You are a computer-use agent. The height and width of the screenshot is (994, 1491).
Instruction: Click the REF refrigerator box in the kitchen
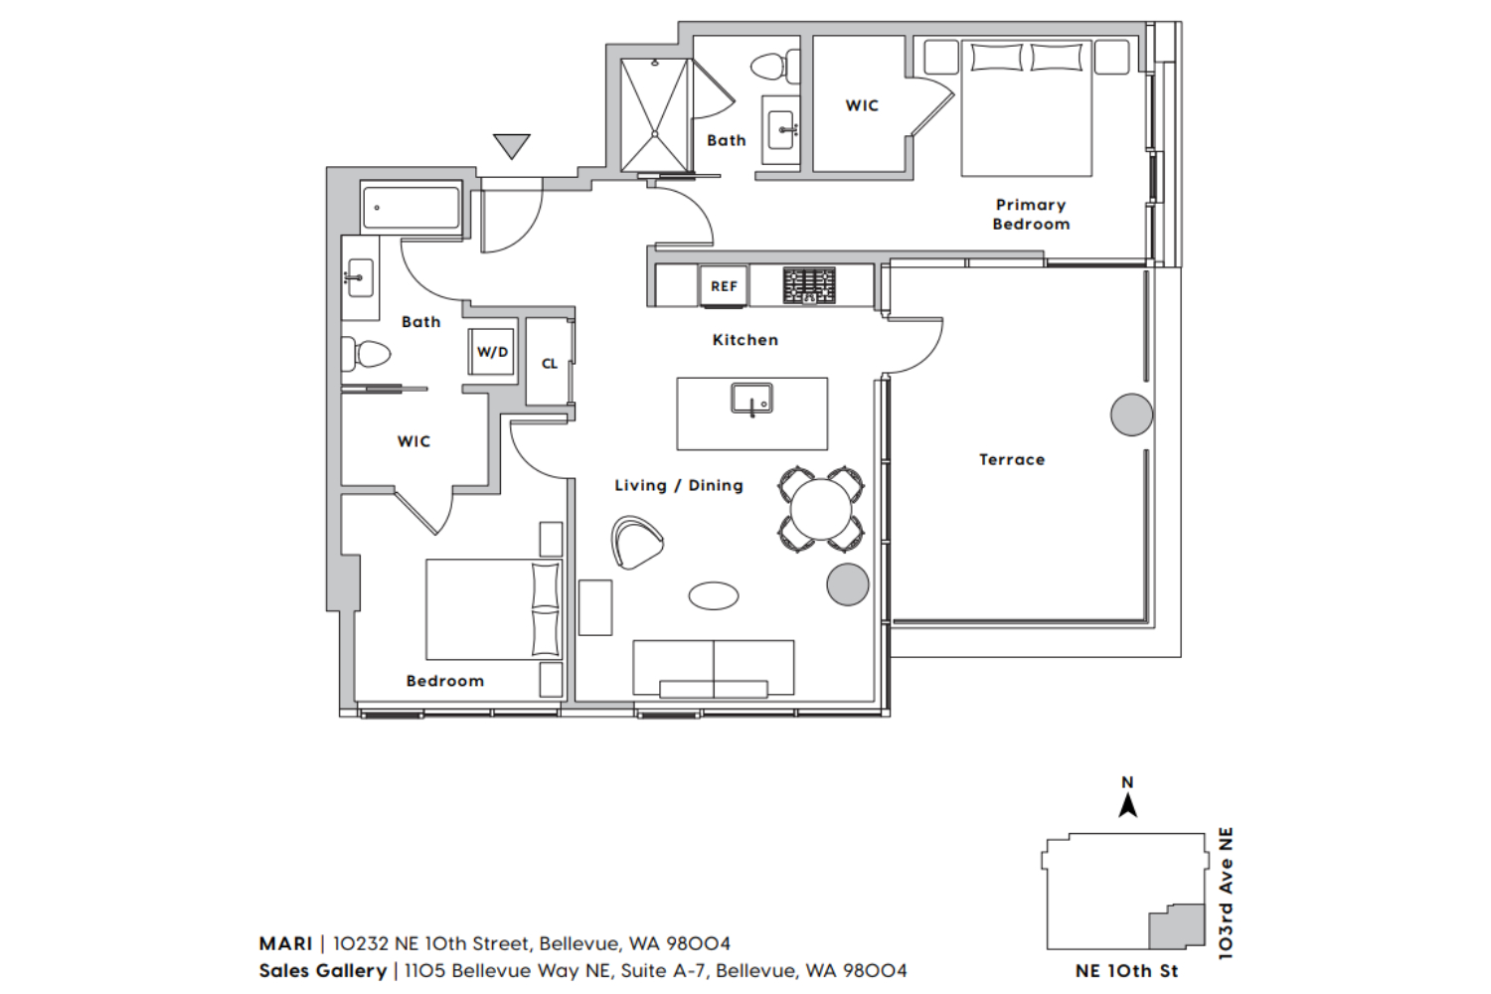(x=724, y=286)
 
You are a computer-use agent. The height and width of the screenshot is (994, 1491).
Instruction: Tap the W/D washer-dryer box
(x=492, y=352)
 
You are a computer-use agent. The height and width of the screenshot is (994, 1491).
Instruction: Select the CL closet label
(x=549, y=364)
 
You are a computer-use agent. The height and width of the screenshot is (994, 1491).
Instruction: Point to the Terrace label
(x=1012, y=459)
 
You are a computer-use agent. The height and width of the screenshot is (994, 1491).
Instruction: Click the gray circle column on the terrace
(x=1131, y=414)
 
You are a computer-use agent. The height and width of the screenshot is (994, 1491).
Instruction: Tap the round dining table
(x=821, y=509)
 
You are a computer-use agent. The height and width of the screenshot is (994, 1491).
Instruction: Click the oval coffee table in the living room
(x=713, y=595)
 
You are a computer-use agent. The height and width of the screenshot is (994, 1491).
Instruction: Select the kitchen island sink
(x=751, y=399)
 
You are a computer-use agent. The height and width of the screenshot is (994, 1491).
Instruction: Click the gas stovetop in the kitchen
(x=809, y=285)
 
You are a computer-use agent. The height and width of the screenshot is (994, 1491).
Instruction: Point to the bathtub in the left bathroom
(x=411, y=208)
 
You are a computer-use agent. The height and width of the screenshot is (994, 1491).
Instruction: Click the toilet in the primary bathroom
(x=775, y=66)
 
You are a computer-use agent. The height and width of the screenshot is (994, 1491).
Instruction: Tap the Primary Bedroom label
(x=1031, y=215)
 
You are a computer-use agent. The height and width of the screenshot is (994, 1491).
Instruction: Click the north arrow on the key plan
(x=1127, y=807)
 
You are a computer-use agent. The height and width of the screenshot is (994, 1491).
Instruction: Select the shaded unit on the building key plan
(x=1177, y=926)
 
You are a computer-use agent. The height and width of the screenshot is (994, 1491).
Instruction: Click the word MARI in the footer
(x=285, y=943)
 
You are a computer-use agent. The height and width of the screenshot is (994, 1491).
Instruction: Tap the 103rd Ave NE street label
(x=1226, y=893)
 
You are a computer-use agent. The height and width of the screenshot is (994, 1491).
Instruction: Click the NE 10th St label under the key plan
(x=1126, y=971)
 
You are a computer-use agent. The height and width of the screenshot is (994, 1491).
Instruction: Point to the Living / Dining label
(x=678, y=485)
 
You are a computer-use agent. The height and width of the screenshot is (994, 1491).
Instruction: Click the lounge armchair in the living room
(x=637, y=542)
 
